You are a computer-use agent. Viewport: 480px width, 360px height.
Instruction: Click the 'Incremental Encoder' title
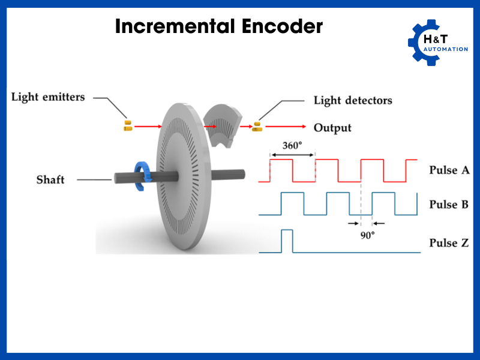(218, 26)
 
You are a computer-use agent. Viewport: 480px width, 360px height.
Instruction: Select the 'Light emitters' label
(48, 97)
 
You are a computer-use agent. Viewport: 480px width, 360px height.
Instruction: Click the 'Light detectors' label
(353, 100)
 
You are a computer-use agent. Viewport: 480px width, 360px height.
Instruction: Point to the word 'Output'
(332, 128)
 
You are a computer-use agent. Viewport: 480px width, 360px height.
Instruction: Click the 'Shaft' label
(50, 179)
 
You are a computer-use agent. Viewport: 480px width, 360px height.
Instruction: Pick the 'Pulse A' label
(449, 170)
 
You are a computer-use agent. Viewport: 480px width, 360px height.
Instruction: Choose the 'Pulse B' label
(449, 204)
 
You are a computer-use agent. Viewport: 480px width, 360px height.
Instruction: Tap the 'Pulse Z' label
(449, 243)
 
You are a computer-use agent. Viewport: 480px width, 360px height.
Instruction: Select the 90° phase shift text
(367, 236)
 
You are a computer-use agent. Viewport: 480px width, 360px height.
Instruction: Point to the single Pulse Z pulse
(286, 241)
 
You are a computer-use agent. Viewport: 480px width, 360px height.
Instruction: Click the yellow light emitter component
(127, 125)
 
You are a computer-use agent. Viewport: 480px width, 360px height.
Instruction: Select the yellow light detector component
(257, 126)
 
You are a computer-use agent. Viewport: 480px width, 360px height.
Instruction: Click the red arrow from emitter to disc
(148, 127)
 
